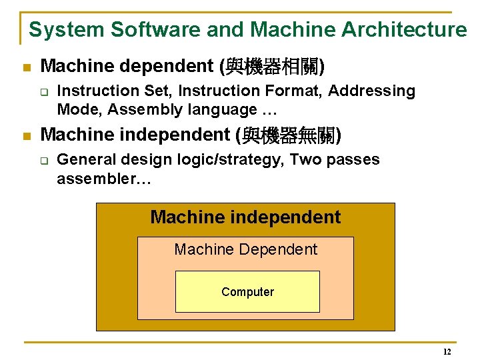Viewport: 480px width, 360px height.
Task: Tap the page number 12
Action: (x=447, y=352)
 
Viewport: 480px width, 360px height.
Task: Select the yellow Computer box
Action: (x=247, y=292)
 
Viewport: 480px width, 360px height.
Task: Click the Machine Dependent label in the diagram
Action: (x=246, y=250)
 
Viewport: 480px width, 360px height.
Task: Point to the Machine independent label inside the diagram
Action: (x=245, y=217)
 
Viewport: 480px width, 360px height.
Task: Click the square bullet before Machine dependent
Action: (x=26, y=67)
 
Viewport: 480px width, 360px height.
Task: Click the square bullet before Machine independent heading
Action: (x=26, y=137)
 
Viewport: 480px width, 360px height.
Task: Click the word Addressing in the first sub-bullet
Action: (x=377, y=91)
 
